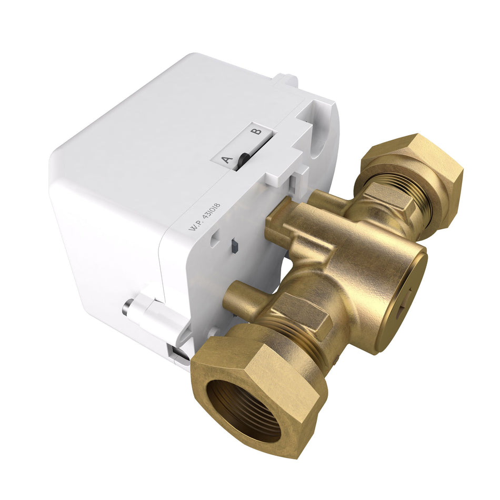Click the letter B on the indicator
pyautogui.click(x=256, y=131)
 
